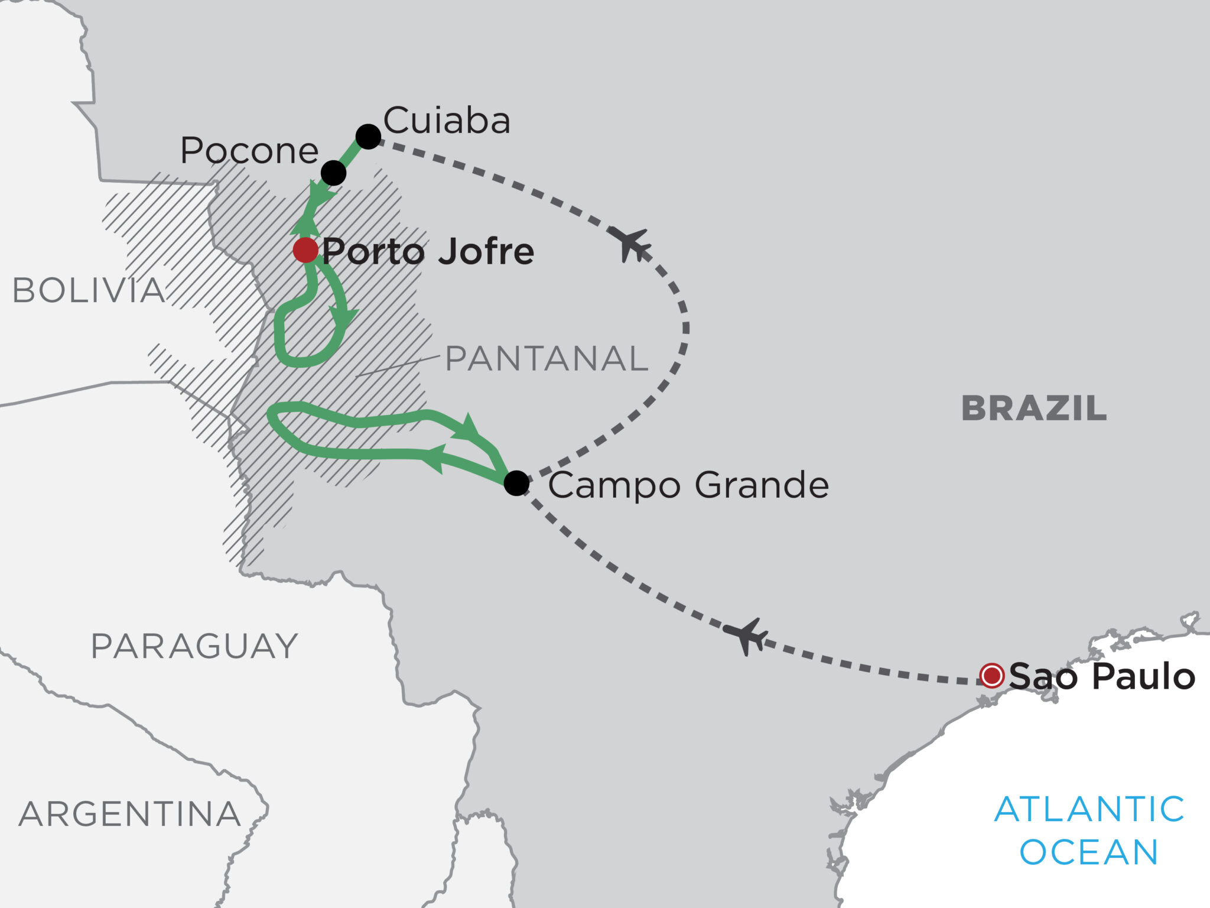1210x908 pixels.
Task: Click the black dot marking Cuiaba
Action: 368,137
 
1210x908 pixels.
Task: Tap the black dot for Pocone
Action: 333,173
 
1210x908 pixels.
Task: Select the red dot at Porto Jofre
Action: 305,250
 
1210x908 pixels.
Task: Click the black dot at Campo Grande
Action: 516,483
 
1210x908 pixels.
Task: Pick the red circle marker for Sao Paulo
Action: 991,676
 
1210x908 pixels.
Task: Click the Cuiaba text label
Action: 447,121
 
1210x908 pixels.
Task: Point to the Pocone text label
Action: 249,151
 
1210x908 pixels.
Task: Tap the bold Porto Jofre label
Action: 428,251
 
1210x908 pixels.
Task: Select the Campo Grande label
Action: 688,485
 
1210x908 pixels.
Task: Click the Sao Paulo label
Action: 1102,676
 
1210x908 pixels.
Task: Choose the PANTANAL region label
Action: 547,358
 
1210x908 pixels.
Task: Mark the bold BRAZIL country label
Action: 1034,408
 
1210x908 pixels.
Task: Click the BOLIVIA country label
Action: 89,291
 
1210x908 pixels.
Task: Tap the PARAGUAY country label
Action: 194,646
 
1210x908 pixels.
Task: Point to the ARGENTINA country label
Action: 130,814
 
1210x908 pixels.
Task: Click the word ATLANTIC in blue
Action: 1089,809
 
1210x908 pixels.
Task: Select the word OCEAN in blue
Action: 1089,852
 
